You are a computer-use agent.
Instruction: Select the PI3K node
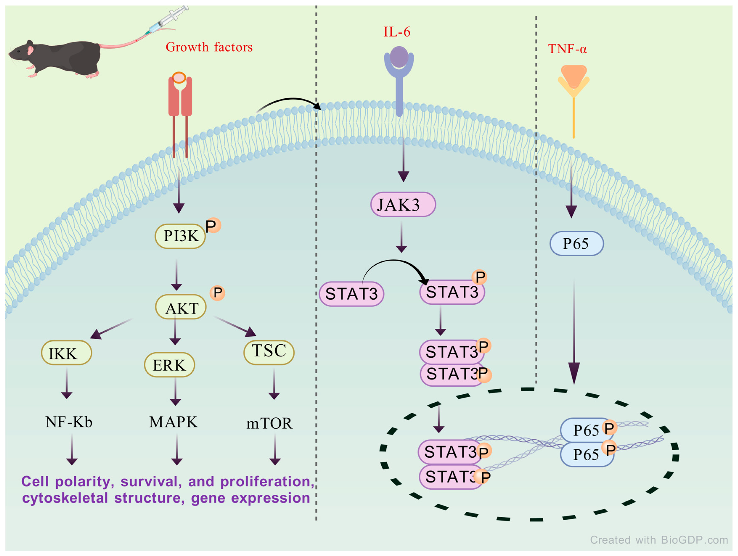point(180,236)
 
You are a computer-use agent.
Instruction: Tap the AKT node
point(181,307)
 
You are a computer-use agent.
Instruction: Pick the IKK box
point(66,353)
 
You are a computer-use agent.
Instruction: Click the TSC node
point(269,352)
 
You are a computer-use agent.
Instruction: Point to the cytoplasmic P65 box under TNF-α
point(577,244)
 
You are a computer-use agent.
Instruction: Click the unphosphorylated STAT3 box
point(351,294)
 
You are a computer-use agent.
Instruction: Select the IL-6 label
point(397,32)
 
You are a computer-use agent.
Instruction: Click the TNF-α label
point(567,49)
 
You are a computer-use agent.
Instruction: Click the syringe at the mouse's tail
point(168,19)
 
